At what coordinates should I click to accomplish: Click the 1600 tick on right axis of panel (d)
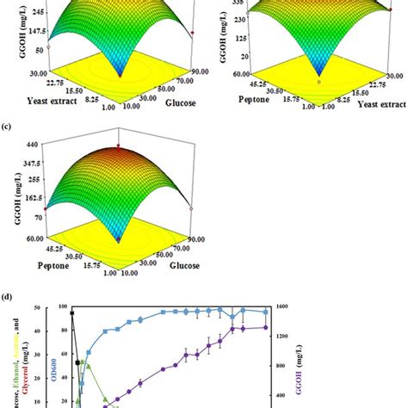coord(284,306)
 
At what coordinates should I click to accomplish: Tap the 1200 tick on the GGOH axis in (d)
coord(284,336)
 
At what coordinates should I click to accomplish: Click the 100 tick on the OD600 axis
coord(62,306)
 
